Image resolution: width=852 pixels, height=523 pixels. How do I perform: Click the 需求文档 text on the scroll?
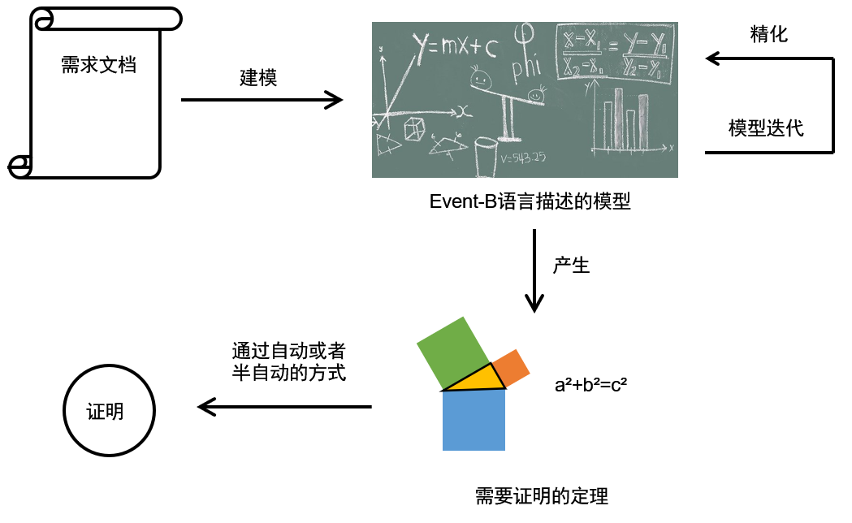coord(98,65)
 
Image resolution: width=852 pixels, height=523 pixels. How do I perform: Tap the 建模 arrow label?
coord(258,78)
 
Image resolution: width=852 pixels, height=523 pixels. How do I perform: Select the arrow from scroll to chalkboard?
coord(262,100)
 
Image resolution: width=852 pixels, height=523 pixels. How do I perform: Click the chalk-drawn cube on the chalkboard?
coord(415,127)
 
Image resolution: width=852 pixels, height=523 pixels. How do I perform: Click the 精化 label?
coord(769,34)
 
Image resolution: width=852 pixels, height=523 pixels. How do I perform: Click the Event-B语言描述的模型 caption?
coord(530,201)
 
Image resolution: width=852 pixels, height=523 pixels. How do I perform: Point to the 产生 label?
coord(571,265)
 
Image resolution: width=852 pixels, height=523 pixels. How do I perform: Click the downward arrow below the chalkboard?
coord(534,271)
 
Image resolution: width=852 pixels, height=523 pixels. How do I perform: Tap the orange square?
coord(511,368)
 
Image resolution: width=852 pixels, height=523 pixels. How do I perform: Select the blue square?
coord(474,420)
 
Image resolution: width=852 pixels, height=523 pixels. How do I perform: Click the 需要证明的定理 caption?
coord(541,495)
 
